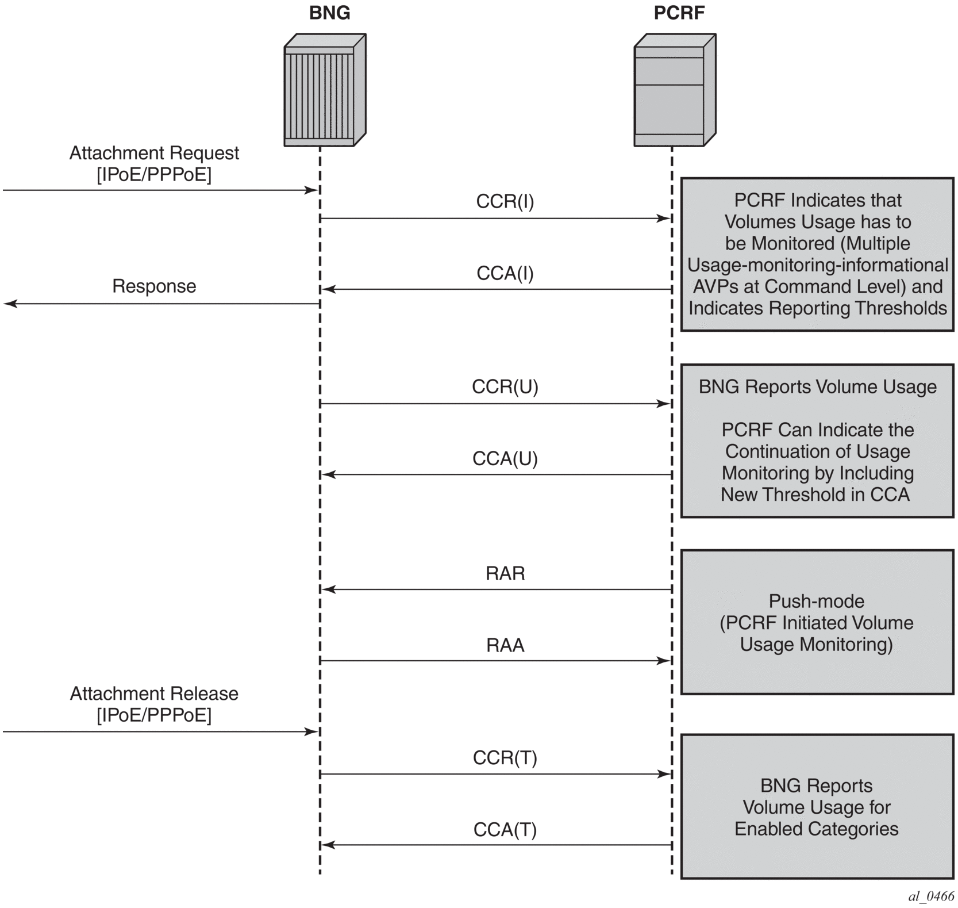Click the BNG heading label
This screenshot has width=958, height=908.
coord(329,13)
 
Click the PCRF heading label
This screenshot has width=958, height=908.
coord(679,13)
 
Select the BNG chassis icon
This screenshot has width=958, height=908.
coord(325,90)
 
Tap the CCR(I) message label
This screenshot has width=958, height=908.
coord(505,201)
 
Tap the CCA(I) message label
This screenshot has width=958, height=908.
coord(505,273)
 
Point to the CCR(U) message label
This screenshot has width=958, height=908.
coord(505,386)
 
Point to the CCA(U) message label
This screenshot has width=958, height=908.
coord(505,458)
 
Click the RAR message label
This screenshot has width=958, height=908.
coord(505,573)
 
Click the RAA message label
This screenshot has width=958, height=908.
coord(505,645)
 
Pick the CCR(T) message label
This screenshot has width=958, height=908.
coord(505,758)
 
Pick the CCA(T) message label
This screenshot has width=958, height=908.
coord(505,830)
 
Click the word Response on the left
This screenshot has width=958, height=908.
coord(154,286)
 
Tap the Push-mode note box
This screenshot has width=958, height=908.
coord(817,622)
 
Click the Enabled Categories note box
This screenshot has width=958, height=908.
coord(817,806)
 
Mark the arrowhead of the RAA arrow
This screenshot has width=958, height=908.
coord(665,661)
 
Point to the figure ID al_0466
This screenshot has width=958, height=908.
coord(930,896)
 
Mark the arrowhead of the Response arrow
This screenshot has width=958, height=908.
coord(10,304)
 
